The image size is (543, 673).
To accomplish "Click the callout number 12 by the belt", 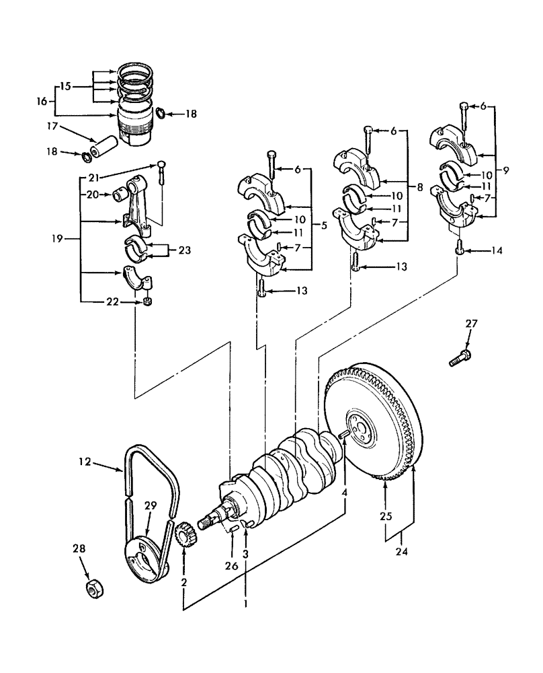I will tap(84, 462).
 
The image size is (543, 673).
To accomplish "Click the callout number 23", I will tap(183, 250).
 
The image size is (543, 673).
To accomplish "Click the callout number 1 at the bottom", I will tap(245, 604).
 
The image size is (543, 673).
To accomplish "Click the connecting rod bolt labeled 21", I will tap(162, 173).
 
